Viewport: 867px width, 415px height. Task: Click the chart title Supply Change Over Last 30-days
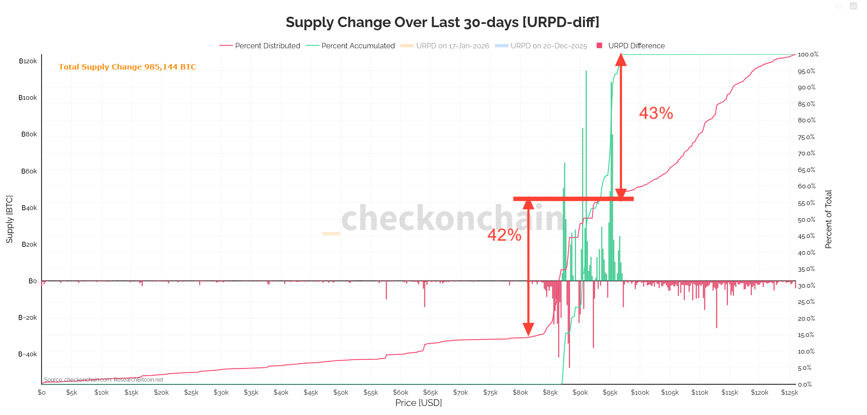tap(442, 22)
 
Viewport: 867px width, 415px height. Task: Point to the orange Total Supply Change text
tap(127, 67)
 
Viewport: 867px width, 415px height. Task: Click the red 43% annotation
tap(656, 113)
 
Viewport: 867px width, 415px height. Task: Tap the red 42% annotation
tap(504, 235)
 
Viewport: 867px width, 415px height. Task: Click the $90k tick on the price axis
tap(580, 392)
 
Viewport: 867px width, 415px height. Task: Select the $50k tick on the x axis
tap(340, 392)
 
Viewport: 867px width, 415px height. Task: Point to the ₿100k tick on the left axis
tap(28, 98)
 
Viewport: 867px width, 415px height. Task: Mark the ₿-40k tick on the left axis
tap(28, 354)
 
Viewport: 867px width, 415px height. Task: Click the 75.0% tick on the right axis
tap(806, 137)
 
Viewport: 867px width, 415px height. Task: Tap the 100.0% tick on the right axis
tap(808, 55)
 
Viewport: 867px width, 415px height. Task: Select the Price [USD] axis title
tap(418, 403)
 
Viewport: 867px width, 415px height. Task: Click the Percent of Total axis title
tap(828, 219)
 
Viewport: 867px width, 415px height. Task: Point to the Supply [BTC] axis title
tap(9, 219)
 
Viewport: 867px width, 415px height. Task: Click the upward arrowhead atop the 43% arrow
tap(621, 59)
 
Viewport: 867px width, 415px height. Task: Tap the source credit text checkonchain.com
tap(103, 380)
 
